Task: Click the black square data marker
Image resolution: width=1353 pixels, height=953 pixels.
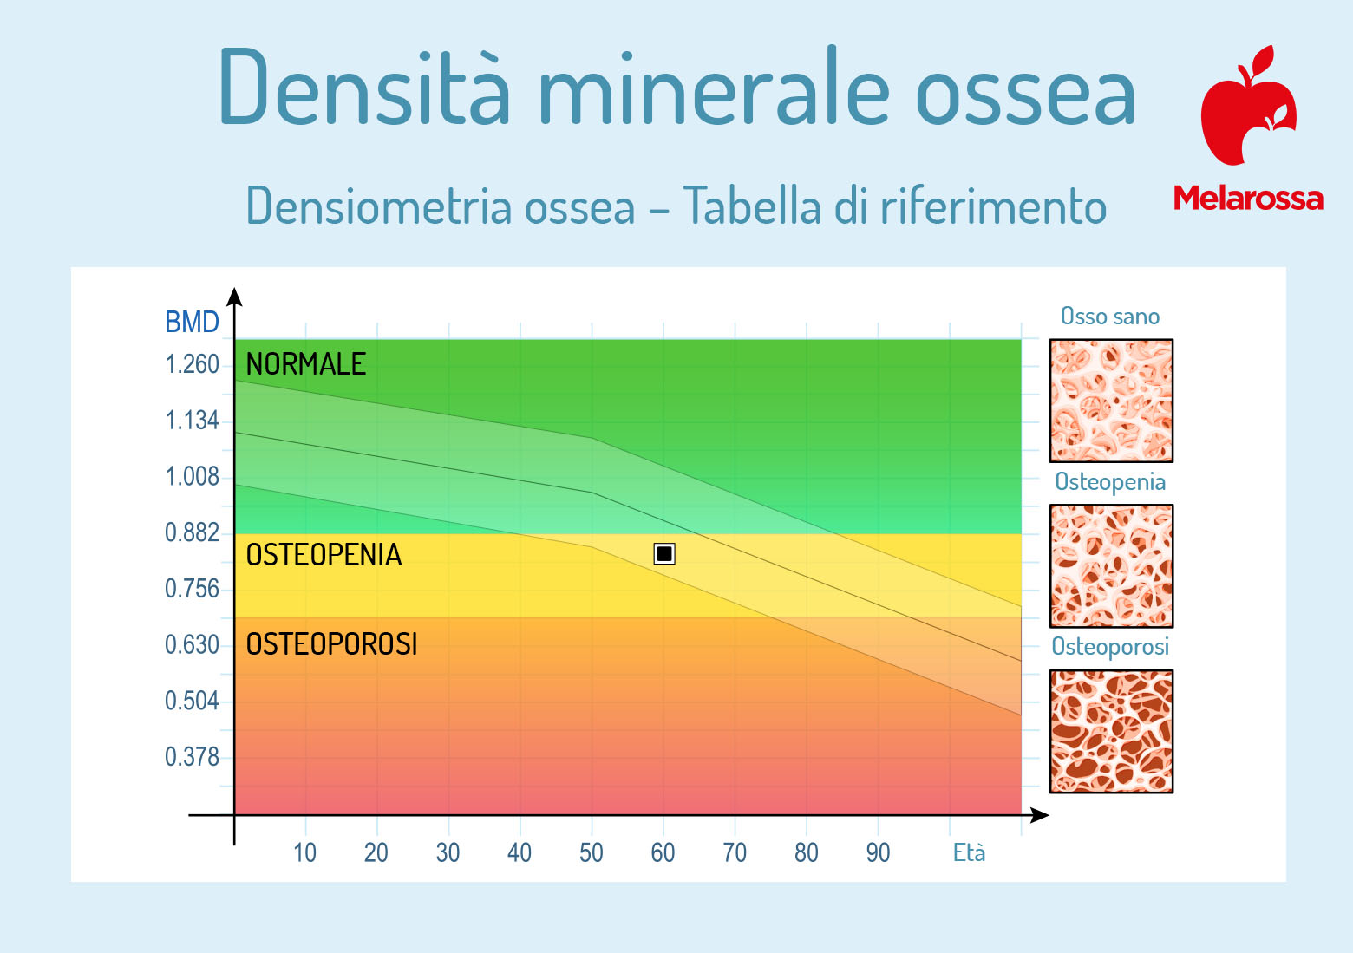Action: coord(664,554)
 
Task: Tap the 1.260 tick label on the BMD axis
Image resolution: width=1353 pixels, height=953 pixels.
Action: coord(192,365)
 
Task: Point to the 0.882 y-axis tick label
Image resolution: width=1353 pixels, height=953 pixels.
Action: coord(192,532)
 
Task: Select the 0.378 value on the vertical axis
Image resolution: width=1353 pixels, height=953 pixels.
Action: coord(192,757)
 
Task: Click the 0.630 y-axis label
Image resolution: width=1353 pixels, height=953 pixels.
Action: coord(192,645)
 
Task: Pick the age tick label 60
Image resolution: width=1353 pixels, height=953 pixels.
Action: coord(663,852)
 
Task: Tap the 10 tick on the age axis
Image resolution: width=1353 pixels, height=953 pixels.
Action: coord(304,852)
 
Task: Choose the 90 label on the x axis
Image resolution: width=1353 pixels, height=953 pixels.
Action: coord(878,852)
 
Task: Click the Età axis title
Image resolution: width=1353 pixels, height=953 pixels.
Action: coord(969,852)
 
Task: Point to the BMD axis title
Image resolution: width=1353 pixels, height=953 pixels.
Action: coord(192,322)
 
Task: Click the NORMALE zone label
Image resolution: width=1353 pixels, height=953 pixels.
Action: coord(305,364)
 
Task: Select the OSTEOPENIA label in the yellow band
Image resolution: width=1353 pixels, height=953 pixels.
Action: coord(324,555)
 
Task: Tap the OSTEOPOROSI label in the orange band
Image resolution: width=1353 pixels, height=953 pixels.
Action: coord(331,643)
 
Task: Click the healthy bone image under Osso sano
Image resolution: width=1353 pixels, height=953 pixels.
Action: coord(1111,401)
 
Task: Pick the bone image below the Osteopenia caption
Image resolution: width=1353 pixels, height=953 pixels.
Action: coord(1111,566)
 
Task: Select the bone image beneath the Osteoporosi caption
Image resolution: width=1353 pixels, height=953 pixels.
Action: coord(1111,731)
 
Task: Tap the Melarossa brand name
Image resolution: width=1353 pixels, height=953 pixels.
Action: coord(1248,198)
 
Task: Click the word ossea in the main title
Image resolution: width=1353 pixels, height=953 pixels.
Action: coord(1026,91)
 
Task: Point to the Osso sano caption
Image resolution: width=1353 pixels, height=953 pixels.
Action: coord(1110,316)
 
